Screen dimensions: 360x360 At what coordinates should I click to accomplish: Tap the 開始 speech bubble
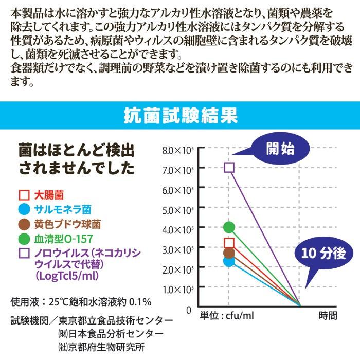280,149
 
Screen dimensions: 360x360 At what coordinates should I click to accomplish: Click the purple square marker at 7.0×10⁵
229,167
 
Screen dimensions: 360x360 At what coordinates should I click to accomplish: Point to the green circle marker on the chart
229,227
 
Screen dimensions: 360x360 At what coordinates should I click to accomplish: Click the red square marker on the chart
229,243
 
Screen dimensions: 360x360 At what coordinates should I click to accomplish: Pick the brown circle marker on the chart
229,253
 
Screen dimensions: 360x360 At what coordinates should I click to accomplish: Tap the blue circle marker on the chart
229,261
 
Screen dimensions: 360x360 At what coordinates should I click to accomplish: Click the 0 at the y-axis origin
189,310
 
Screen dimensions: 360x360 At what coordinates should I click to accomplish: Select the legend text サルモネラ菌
63,209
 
